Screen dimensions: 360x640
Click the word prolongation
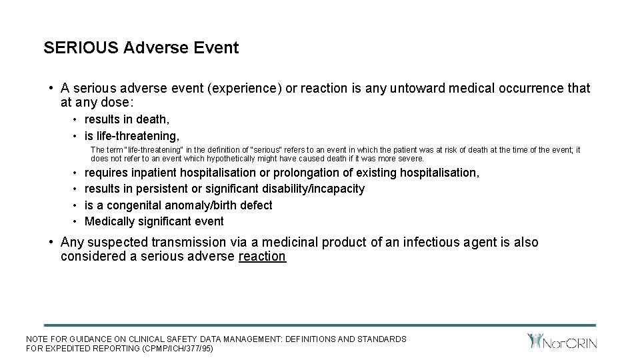pos(311,173)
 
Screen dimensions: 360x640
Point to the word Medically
pos(109,221)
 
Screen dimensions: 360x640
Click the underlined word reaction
pos(262,257)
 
